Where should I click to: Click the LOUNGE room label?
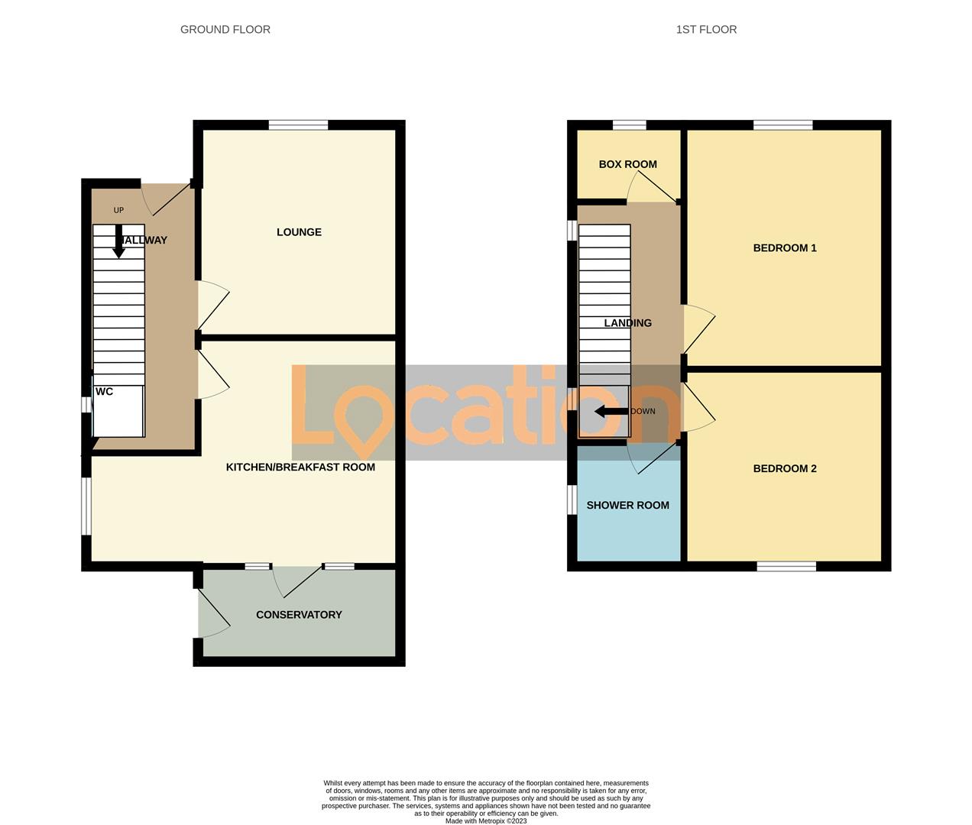[299, 232]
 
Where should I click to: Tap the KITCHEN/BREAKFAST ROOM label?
[300, 467]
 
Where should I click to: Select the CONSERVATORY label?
[299, 615]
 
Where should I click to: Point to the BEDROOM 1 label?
[785, 247]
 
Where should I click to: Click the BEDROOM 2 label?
[785, 468]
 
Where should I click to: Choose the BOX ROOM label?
[627, 164]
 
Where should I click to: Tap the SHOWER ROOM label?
[627, 505]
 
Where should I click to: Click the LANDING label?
[627, 323]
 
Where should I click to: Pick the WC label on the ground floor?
[104, 392]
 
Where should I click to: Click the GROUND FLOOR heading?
[225, 30]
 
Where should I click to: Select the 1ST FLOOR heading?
[706, 30]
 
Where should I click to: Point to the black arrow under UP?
[119, 241]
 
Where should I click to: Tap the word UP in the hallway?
[118, 210]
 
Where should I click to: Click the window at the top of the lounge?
[298, 125]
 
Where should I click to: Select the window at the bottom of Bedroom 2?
[786, 566]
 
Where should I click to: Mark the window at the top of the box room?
[629, 125]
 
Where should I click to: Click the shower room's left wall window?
[572, 500]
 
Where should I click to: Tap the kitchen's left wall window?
[87, 506]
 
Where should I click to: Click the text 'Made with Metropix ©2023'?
[486, 821]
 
